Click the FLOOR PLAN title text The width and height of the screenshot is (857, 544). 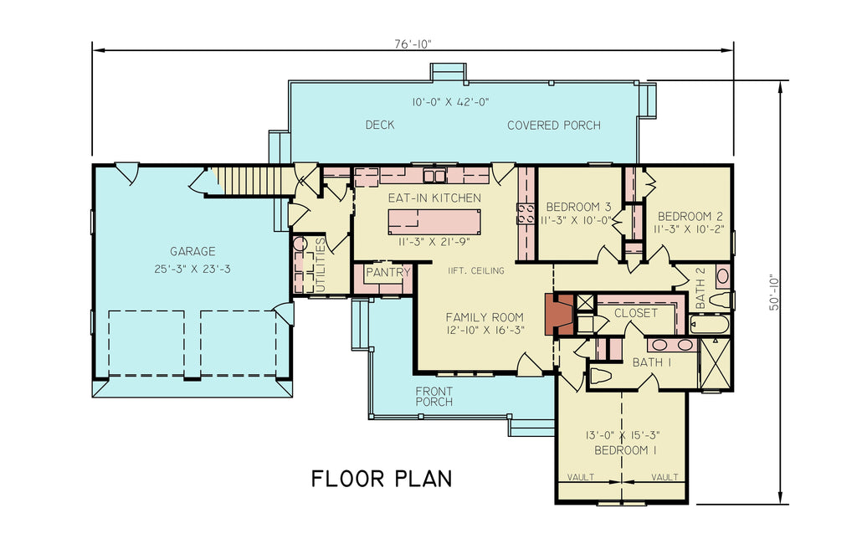(382, 479)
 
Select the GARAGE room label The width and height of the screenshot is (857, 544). (192, 251)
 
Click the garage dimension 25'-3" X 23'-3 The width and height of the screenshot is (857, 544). (192, 269)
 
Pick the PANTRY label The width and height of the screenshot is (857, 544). (387, 273)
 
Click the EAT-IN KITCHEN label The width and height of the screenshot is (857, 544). (434, 198)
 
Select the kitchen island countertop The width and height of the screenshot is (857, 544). (434, 222)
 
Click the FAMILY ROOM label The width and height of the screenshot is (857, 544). (484, 317)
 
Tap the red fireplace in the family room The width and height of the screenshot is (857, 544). (557, 315)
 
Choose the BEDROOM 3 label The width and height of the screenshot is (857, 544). (577, 207)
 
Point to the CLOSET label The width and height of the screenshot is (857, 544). (635, 313)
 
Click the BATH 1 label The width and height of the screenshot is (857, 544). (652, 362)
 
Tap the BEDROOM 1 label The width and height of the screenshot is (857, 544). (624, 450)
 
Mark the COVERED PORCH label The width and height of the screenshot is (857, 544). (553, 126)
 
